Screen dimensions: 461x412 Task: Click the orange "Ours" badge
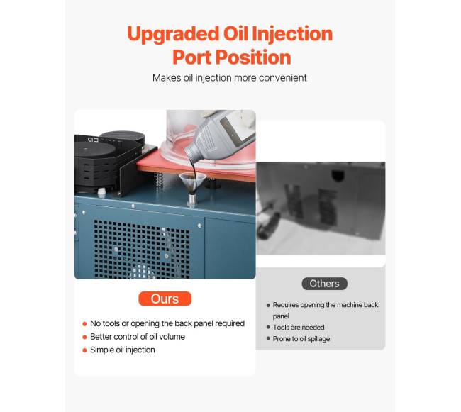(165, 299)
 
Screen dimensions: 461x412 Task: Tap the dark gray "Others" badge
(324, 284)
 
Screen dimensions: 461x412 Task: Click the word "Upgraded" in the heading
(173, 34)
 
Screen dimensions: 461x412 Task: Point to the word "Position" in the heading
(253, 57)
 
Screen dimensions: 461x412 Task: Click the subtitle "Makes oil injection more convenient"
(230, 78)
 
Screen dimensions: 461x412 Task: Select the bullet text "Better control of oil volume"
(138, 337)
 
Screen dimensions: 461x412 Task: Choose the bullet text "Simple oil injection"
(122, 350)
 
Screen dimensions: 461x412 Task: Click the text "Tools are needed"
(299, 328)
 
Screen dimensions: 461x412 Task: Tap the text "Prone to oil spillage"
(301, 339)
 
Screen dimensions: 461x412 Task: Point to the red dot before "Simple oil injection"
(84, 350)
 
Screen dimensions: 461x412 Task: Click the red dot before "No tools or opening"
(84, 324)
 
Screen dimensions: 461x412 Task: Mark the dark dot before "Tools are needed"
(268, 327)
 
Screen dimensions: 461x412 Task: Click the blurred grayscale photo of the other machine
(321, 208)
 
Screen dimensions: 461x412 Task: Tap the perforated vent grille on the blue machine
(142, 249)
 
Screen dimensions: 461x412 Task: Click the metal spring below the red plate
(158, 180)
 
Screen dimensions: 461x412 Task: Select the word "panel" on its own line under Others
(281, 316)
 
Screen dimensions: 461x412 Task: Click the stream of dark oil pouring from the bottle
(192, 169)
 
